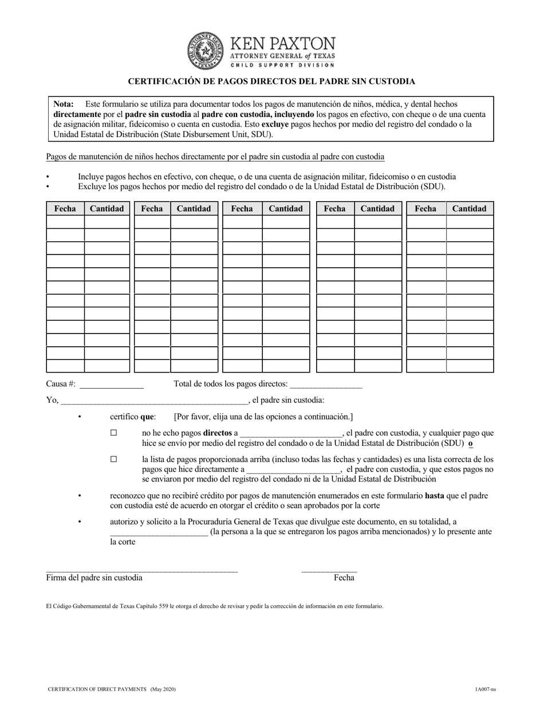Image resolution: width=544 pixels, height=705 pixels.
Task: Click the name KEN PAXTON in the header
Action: (x=282, y=44)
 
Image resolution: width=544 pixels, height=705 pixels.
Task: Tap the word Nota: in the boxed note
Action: (x=64, y=104)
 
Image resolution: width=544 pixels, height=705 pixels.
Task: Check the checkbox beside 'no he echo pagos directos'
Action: (x=114, y=433)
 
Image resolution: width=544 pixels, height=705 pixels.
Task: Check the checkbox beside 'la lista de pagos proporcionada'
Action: (x=114, y=459)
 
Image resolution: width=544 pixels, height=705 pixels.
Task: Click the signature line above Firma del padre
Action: (x=141, y=570)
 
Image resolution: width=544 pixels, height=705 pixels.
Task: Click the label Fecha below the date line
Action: (x=344, y=578)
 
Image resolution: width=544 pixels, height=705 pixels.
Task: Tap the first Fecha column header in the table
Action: (x=65, y=209)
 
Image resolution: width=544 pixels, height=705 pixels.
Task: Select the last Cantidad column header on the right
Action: (x=469, y=209)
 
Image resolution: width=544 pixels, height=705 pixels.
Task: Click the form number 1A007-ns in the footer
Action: (x=485, y=689)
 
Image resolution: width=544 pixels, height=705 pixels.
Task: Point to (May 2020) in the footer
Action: (x=163, y=689)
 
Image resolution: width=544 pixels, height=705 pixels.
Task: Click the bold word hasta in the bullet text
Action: (x=434, y=496)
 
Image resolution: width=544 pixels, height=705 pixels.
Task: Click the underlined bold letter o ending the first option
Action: (x=471, y=444)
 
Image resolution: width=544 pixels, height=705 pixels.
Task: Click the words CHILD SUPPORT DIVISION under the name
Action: (x=282, y=65)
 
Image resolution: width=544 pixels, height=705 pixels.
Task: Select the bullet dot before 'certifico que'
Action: (x=80, y=417)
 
